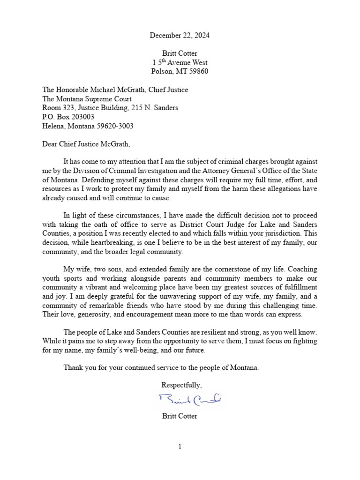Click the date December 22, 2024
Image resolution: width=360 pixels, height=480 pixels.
(180, 35)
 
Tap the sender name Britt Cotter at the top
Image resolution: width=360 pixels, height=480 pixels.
(180, 53)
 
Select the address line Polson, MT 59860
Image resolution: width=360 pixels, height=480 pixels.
(180, 71)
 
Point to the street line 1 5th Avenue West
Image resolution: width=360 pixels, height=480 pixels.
(180, 62)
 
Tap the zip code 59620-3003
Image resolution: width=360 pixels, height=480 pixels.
(118, 126)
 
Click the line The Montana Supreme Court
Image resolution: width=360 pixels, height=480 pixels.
(87, 99)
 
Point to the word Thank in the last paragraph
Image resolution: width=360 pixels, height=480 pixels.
(73, 368)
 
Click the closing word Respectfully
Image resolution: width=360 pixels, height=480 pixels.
(181, 385)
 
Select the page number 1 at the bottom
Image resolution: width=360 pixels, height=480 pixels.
(180, 447)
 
